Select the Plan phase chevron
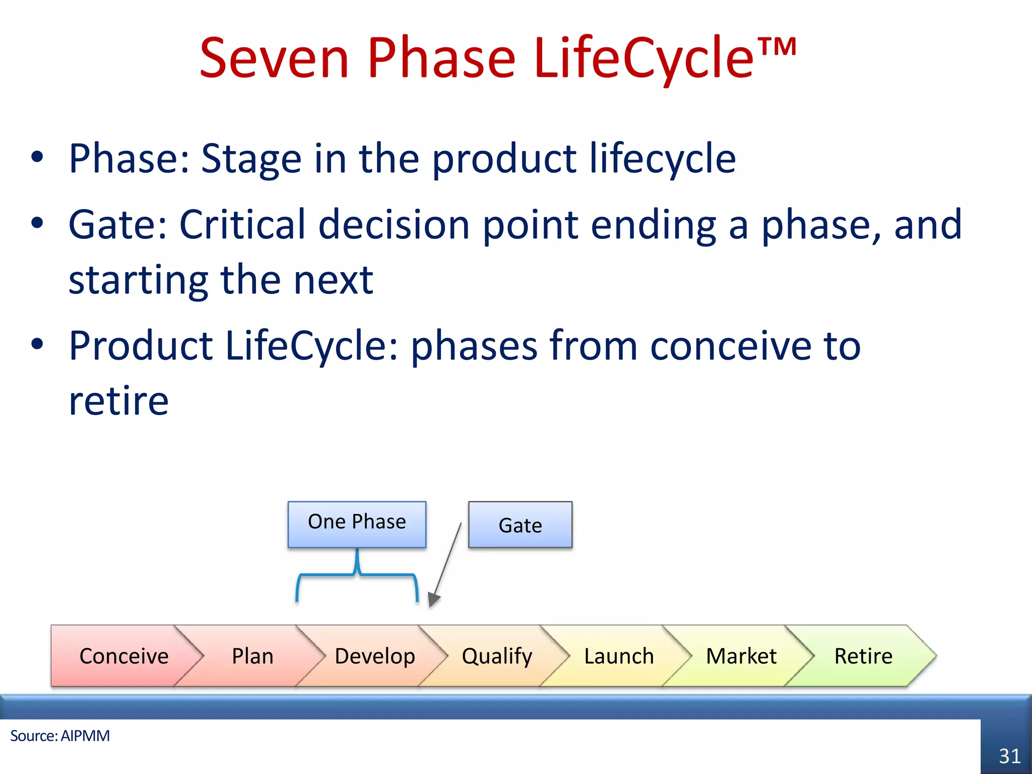[x=252, y=656]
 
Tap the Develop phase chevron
[x=375, y=656]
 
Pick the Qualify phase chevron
[x=497, y=656]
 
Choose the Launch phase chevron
[x=619, y=656]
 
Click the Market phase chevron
[x=741, y=656]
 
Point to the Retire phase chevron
[x=863, y=656]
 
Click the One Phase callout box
[x=357, y=524]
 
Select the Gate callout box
[x=520, y=525]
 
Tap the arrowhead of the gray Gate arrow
[x=433, y=600]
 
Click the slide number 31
[x=1009, y=756]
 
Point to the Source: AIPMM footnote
[x=60, y=736]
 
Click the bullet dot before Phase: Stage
[x=37, y=157]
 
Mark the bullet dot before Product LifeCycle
[x=37, y=345]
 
